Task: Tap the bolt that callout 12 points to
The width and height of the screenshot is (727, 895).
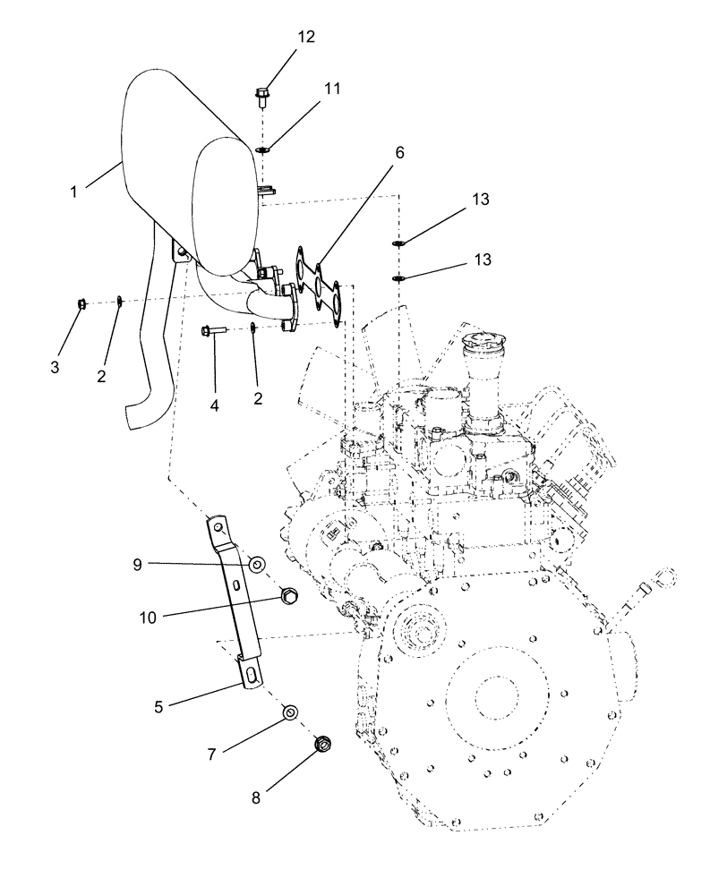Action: pyautogui.click(x=261, y=91)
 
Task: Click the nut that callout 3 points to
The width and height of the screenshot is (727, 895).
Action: pyautogui.click(x=81, y=304)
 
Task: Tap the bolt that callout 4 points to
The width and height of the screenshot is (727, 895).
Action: pyautogui.click(x=214, y=330)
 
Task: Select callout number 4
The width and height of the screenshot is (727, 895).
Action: pyautogui.click(x=214, y=405)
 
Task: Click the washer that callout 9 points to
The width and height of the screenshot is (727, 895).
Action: pyautogui.click(x=256, y=564)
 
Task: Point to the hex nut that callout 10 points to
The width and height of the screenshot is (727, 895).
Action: pyautogui.click(x=288, y=594)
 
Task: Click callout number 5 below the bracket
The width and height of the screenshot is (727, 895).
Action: pyautogui.click(x=159, y=707)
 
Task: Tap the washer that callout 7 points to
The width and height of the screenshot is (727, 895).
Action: pyautogui.click(x=290, y=712)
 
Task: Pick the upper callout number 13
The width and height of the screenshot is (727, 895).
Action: pyautogui.click(x=482, y=200)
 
